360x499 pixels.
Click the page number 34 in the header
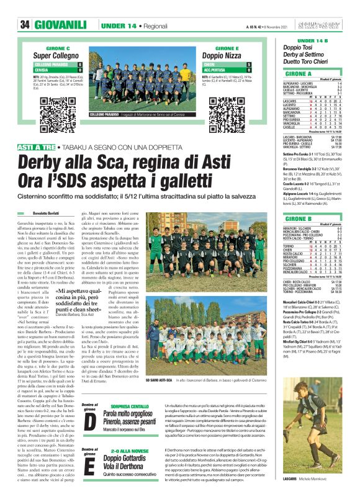tap(25, 25)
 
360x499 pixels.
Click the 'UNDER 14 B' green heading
tap(313, 40)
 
